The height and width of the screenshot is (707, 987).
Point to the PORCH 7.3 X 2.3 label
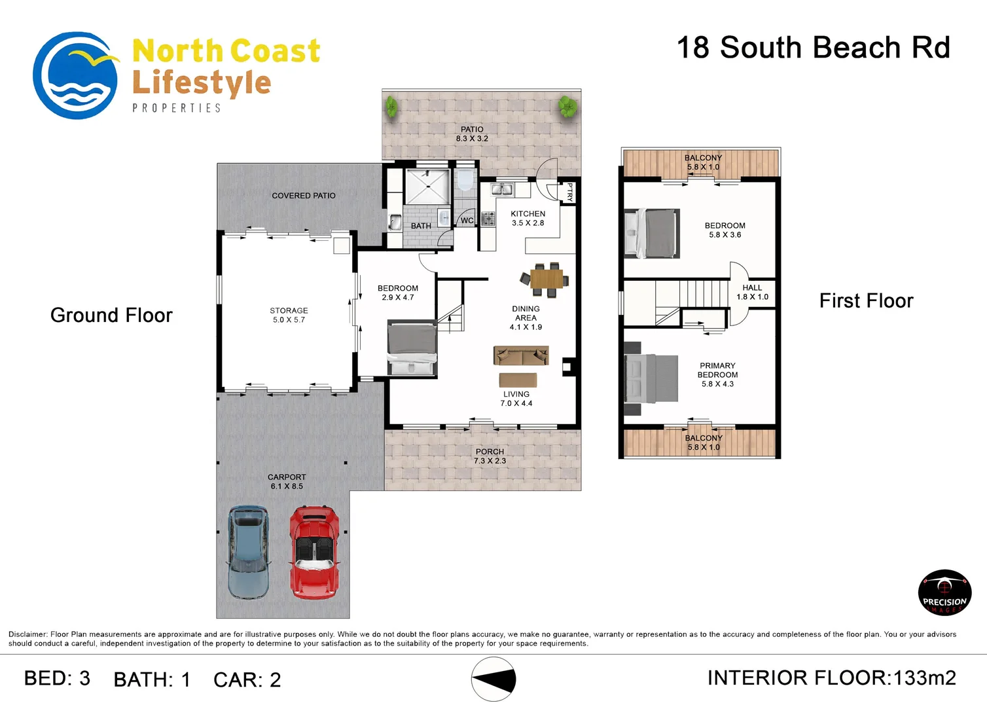(490, 456)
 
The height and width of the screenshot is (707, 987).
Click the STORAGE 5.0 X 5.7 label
(289, 315)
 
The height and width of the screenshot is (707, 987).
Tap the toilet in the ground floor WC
(465, 181)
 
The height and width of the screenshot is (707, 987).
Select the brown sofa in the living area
(521, 355)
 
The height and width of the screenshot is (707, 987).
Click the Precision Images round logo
(944, 593)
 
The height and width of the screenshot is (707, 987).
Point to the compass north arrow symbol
(494, 680)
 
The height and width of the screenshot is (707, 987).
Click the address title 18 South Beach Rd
(813, 48)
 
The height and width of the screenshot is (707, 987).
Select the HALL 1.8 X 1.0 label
(752, 292)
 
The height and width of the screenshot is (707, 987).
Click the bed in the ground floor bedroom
(412, 347)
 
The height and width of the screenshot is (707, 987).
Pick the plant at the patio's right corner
(567, 106)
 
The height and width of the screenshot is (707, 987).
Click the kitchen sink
(502, 190)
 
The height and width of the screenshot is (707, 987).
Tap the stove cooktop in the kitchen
(488, 219)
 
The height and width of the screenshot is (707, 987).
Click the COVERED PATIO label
(304, 196)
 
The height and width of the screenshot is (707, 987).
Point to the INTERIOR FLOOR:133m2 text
(831, 678)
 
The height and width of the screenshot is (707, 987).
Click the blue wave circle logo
(75, 76)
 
